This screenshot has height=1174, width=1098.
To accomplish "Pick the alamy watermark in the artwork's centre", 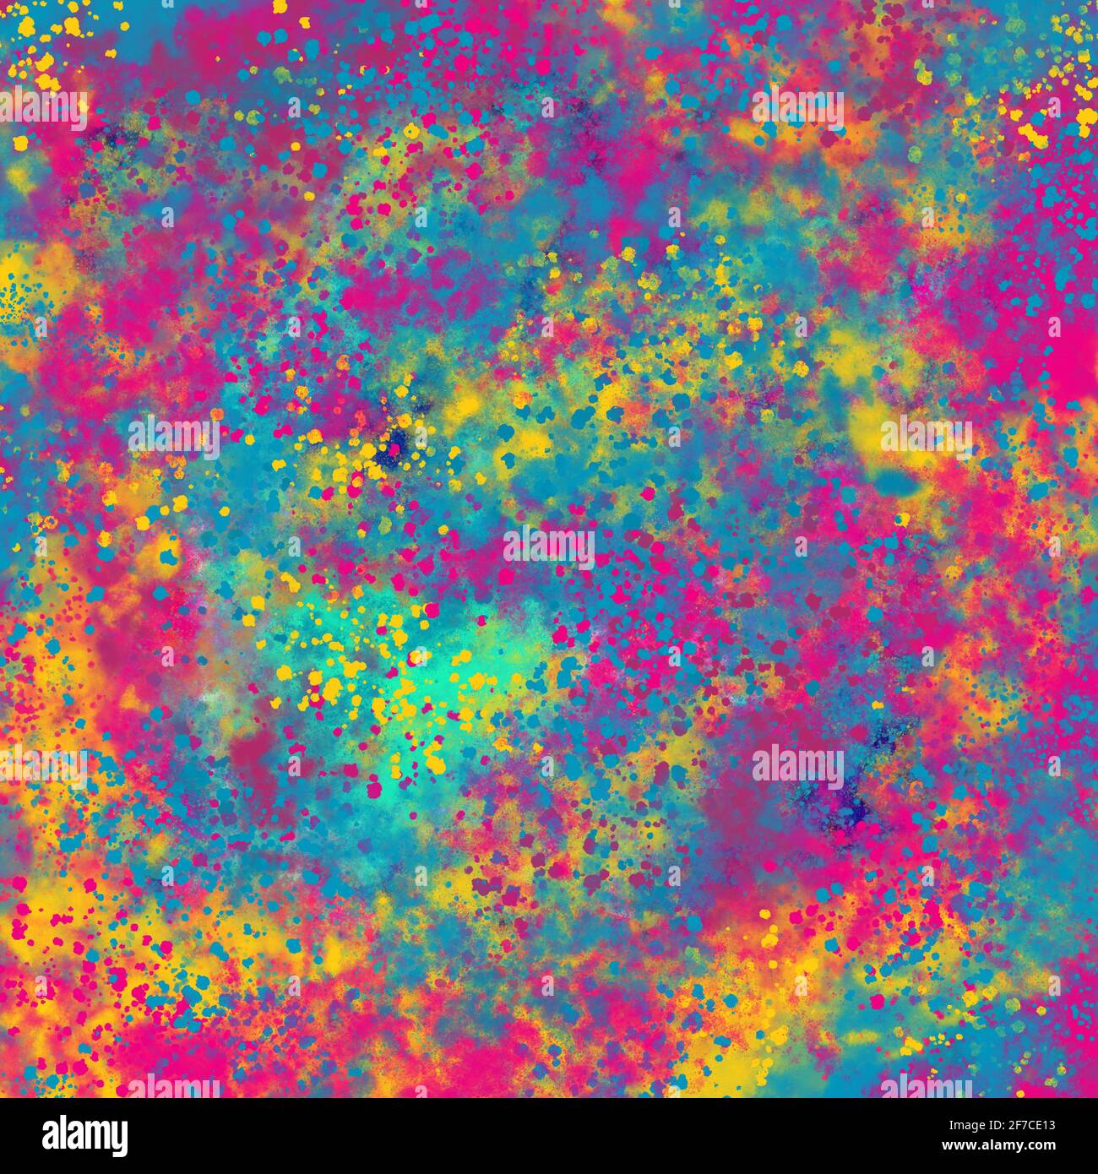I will pyautogui.click(x=549, y=546).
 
